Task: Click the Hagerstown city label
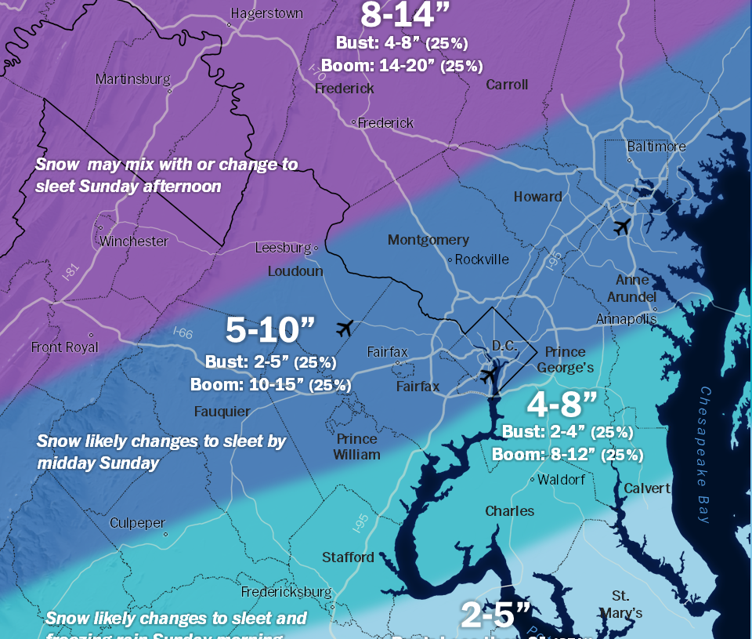click(x=265, y=13)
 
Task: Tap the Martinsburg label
click(x=133, y=79)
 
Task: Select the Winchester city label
click(x=134, y=241)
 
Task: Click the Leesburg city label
click(x=283, y=248)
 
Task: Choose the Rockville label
click(x=482, y=260)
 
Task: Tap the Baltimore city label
click(x=656, y=147)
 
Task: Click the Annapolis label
click(x=626, y=319)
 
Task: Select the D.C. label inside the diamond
click(x=501, y=346)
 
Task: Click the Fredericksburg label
click(x=287, y=591)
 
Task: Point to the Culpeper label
click(x=138, y=523)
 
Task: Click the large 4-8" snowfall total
click(x=562, y=405)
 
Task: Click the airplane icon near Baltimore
click(x=622, y=227)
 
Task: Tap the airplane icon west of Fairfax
click(x=343, y=328)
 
